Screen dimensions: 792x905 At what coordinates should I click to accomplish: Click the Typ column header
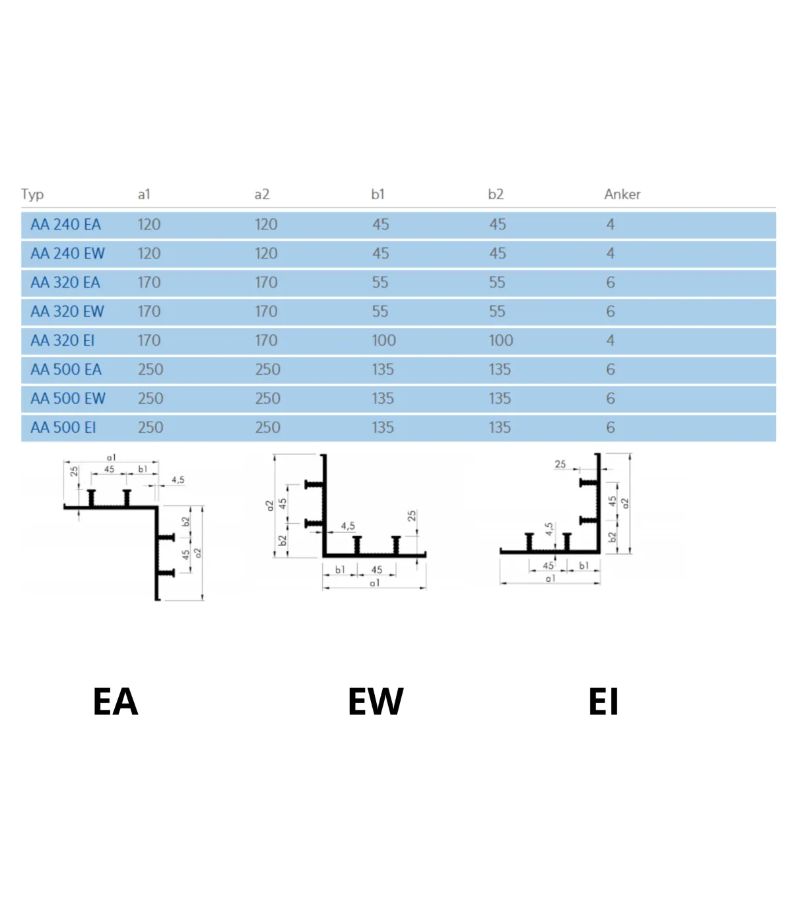click(32, 195)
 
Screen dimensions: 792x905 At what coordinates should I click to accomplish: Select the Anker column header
click(622, 194)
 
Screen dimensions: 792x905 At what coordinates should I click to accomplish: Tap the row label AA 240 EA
click(65, 224)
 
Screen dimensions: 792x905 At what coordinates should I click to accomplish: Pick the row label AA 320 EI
click(63, 340)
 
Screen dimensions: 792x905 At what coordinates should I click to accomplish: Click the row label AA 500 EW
click(68, 398)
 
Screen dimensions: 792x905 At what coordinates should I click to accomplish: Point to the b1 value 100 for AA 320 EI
click(383, 340)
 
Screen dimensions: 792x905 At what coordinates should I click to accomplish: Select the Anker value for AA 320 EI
click(610, 340)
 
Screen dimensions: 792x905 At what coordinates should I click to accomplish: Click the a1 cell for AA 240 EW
click(148, 253)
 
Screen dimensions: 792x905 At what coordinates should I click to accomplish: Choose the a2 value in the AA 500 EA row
click(267, 369)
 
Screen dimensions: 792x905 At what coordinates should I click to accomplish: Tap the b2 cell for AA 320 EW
click(497, 311)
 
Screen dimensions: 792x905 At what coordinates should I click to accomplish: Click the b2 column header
click(496, 194)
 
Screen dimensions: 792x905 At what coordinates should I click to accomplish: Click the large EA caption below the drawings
click(115, 702)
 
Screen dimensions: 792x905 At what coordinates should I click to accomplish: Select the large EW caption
click(376, 702)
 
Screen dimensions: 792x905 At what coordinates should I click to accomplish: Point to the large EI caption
click(603, 702)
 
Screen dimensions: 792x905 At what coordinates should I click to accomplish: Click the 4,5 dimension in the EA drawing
click(178, 480)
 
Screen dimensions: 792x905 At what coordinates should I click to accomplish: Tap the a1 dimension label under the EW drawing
click(374, 583)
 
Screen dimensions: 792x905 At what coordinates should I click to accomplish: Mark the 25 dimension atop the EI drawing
click(560, 464)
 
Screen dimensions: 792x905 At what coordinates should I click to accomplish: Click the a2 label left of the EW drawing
click(270, 506)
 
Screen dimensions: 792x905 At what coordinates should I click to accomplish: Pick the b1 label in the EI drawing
click(583, 565)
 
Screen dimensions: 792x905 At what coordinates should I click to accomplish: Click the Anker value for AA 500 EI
click(610, 427)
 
